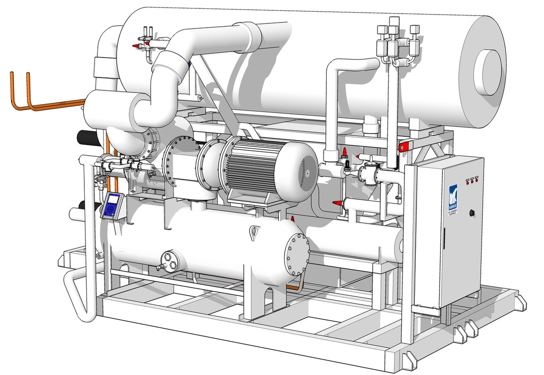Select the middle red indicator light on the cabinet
tap(471, 180)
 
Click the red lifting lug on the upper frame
tap(402, 146)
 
